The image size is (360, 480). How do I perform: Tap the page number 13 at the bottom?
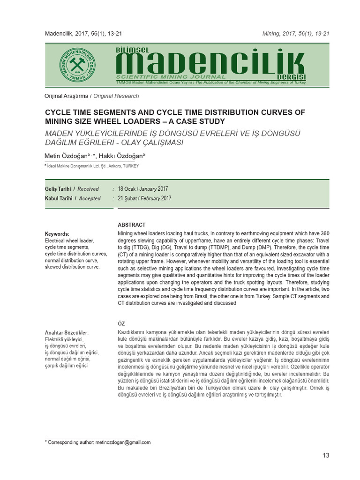click(326, 456)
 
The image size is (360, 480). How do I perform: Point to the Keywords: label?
click(57, 234)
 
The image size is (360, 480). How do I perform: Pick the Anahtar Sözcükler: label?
click(66, 333)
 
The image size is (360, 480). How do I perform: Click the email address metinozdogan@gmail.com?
click(123, 442)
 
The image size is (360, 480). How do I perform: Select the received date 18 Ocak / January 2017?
click(143, 189)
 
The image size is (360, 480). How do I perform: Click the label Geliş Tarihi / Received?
click(71, 189)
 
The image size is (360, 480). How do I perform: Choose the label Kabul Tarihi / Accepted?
click(72, 198)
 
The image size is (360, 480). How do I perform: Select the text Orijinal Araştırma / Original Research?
click(91, 96)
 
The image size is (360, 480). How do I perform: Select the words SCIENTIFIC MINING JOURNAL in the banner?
click(171, 77)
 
